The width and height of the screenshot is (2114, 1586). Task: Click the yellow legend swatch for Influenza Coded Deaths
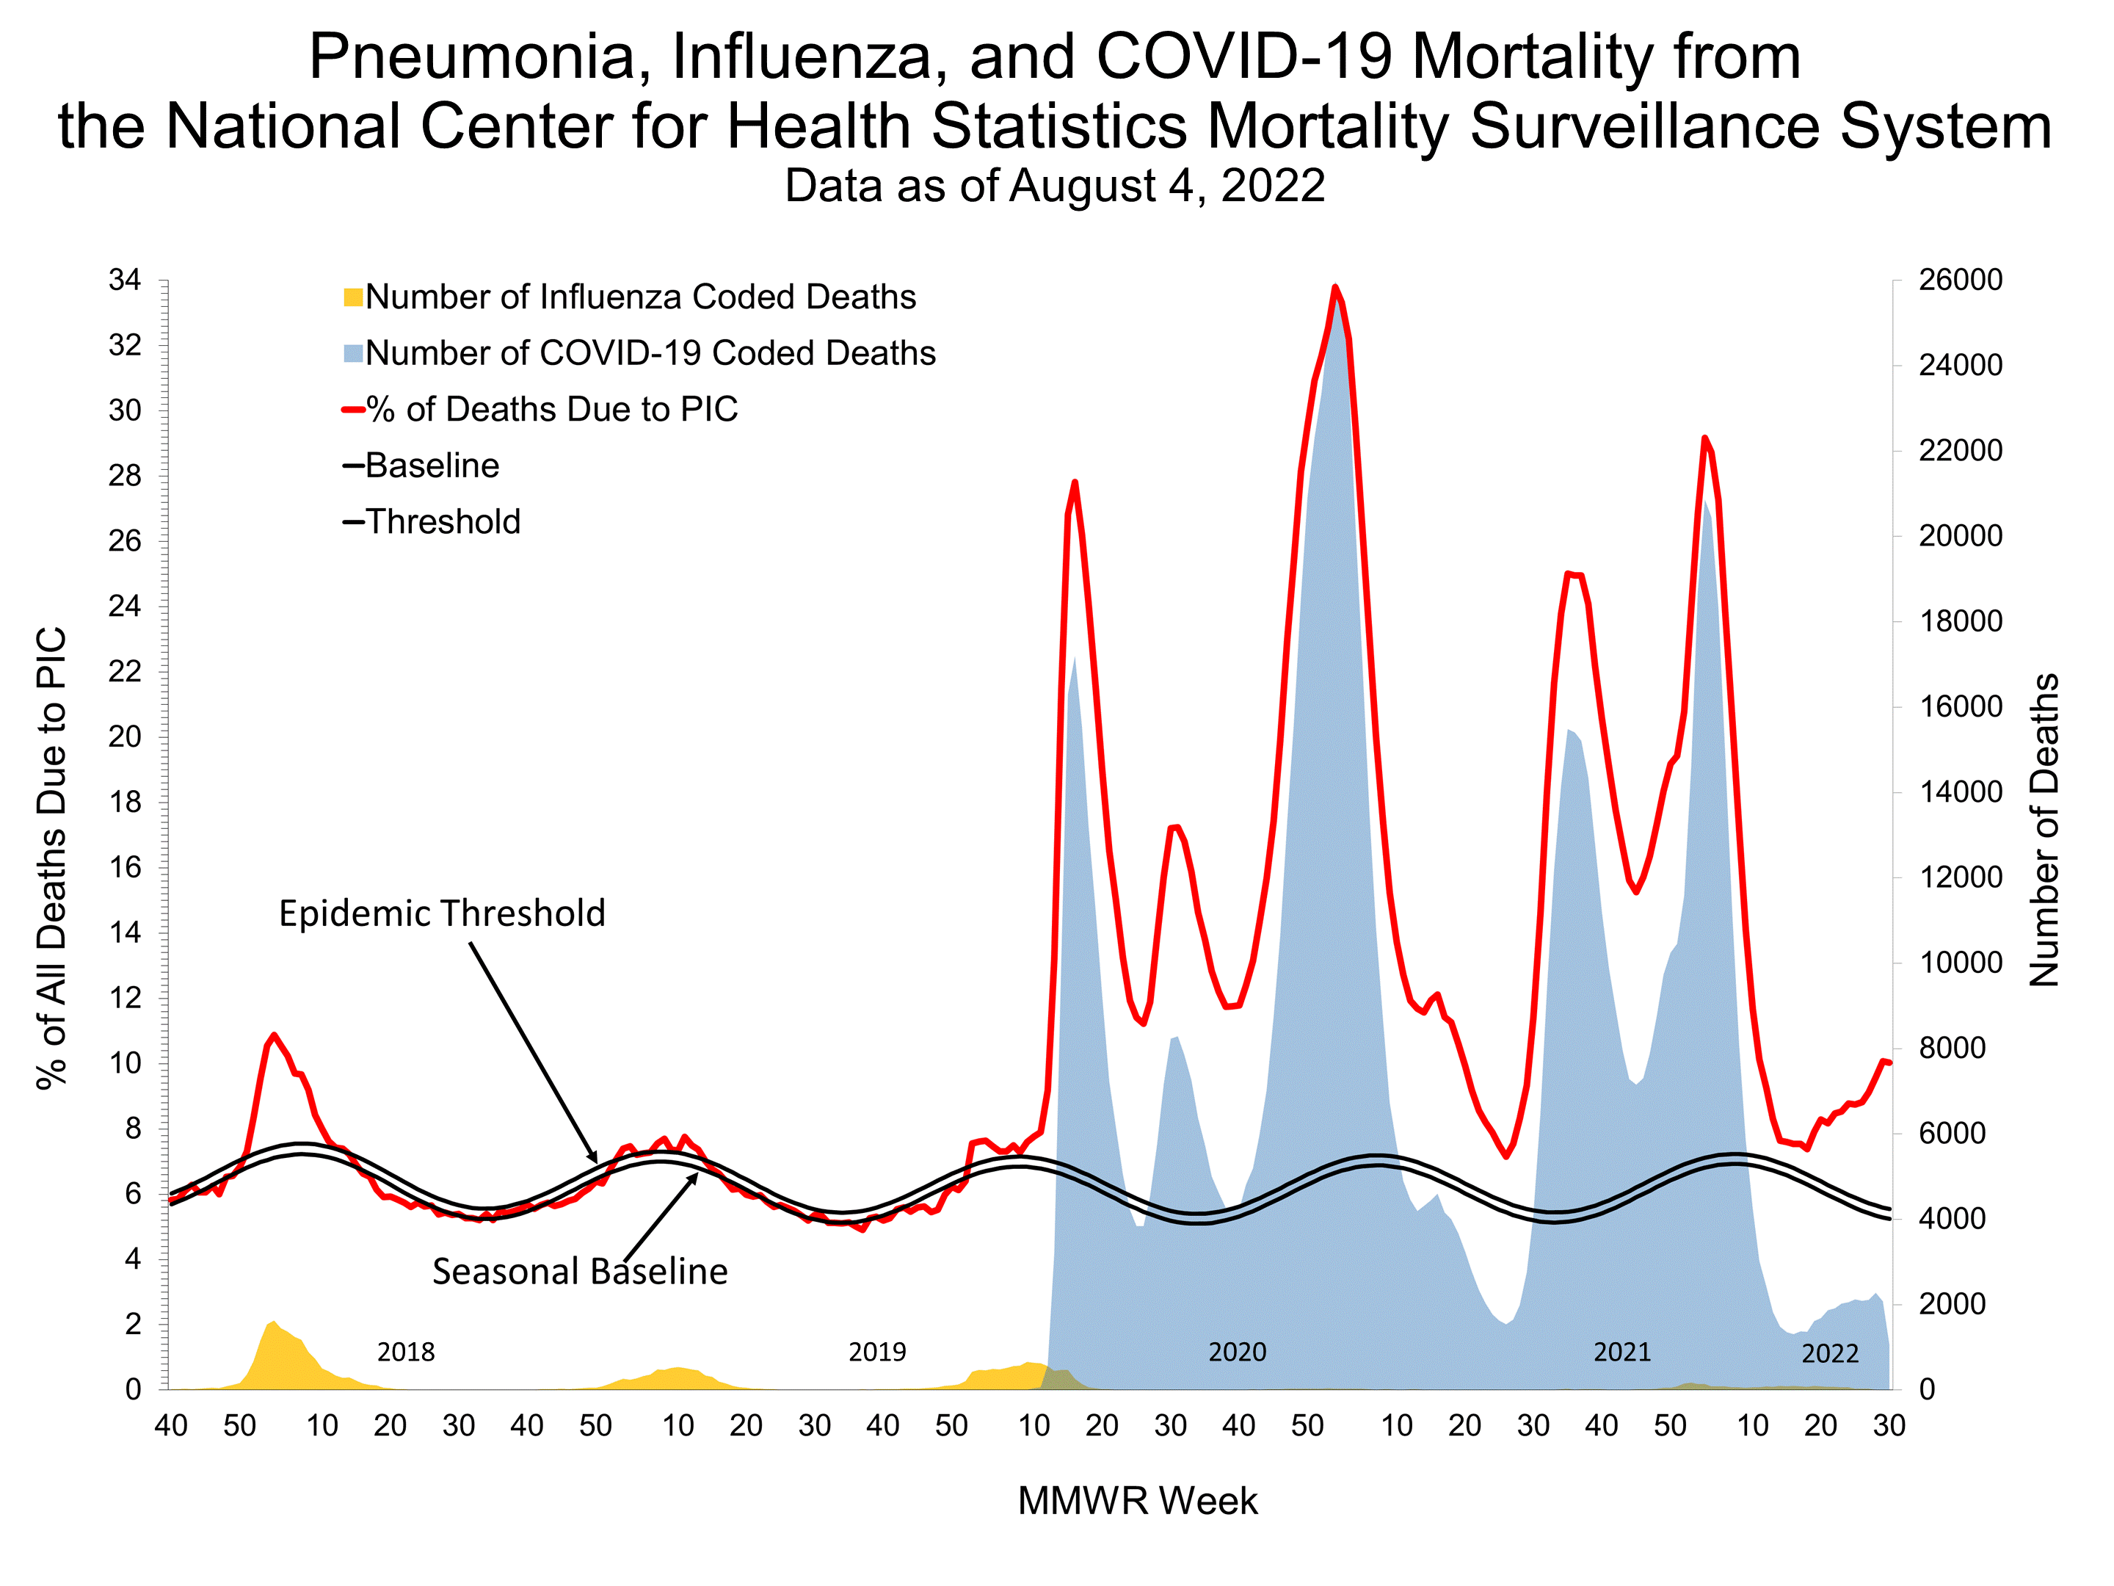[x=352, y=297]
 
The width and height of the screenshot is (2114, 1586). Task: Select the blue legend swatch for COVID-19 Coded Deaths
[x=352, y=354]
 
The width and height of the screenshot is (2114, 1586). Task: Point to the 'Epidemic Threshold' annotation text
[x=442, y=914]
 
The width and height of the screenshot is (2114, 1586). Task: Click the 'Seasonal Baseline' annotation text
[x=579, y=1272]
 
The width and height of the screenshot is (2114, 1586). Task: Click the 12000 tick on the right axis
[x=1959, y=877]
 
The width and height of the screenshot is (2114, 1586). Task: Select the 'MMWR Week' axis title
[x=1136, y=1501]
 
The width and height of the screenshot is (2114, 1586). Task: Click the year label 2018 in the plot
[x=405, y=1352]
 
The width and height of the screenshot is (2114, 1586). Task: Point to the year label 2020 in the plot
[x=1237, y=1352]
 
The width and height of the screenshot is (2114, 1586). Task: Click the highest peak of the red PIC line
[x=1335, y=287]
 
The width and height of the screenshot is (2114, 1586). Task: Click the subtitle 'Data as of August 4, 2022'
[x=1054, y=186]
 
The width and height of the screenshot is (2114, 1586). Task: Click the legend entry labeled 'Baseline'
[x=431, y=466]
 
